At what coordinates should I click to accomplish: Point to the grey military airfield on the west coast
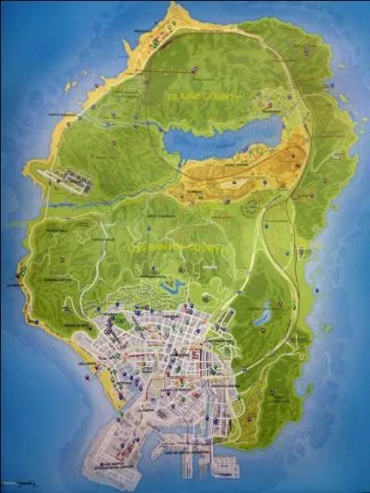click(65, 179)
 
